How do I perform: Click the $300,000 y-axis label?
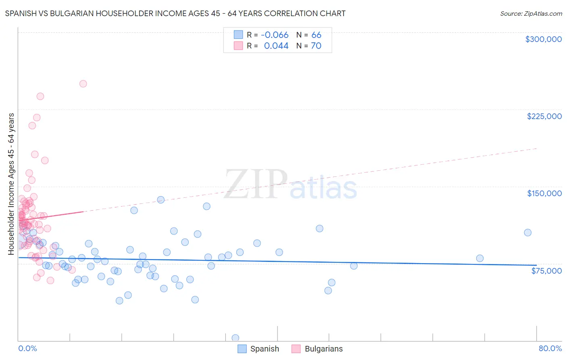tap(543, 39)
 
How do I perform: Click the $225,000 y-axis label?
tap(544, 116)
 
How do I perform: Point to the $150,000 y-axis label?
tap(544, 193)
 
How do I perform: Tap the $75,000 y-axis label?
tap(546, 271)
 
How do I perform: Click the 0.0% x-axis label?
tap(27, 349)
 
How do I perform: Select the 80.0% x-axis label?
tap(550, 349)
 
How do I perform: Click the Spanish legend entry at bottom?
tap(264, 349)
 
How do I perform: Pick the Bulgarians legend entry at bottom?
tap(323, 349)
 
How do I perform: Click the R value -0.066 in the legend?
tap(275, 35)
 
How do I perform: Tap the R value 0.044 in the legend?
tap(276, 46)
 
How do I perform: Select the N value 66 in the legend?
tap(316, 35)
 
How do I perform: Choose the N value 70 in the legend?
tap(316, 46)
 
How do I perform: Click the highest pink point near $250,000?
tap(83, 84)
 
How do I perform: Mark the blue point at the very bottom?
tap(236, 338)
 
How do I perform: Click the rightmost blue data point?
tap(527, 232)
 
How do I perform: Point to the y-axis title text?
tap(11, 184)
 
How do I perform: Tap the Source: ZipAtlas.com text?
tap(531, 14)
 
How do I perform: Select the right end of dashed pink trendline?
tap(537, 149)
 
